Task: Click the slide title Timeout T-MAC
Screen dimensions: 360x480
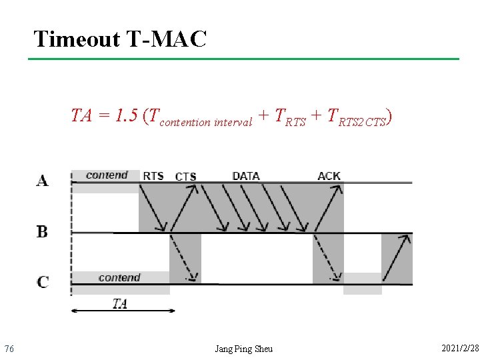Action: pos(120,39)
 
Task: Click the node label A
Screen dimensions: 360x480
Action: pos(43,181)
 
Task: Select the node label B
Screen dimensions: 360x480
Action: pos(42,232)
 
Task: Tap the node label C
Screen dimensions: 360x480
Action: pos(43,282)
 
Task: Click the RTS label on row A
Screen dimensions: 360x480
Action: pos(153,176)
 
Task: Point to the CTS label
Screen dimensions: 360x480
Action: pos(185,177)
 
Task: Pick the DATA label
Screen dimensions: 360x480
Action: pos(246,176)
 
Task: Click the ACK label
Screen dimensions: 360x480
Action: pos(329,176)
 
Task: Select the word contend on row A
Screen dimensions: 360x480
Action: pos(107,175)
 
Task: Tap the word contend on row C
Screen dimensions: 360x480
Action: pos(119,277)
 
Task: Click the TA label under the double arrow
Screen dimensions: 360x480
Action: pos(119,303)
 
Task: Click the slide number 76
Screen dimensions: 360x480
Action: pos(9,349)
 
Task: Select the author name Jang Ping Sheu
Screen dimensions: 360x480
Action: pos(243,349)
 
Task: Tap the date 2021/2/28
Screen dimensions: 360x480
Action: pos(459,348)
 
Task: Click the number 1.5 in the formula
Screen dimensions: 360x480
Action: pos(126,116)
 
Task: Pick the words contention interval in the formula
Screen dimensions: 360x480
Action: pos(207,122)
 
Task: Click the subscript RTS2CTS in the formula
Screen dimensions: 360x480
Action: pos(362,122)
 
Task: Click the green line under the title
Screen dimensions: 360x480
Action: pos(243,59)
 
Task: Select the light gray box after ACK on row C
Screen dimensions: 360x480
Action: pos(362,283)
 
